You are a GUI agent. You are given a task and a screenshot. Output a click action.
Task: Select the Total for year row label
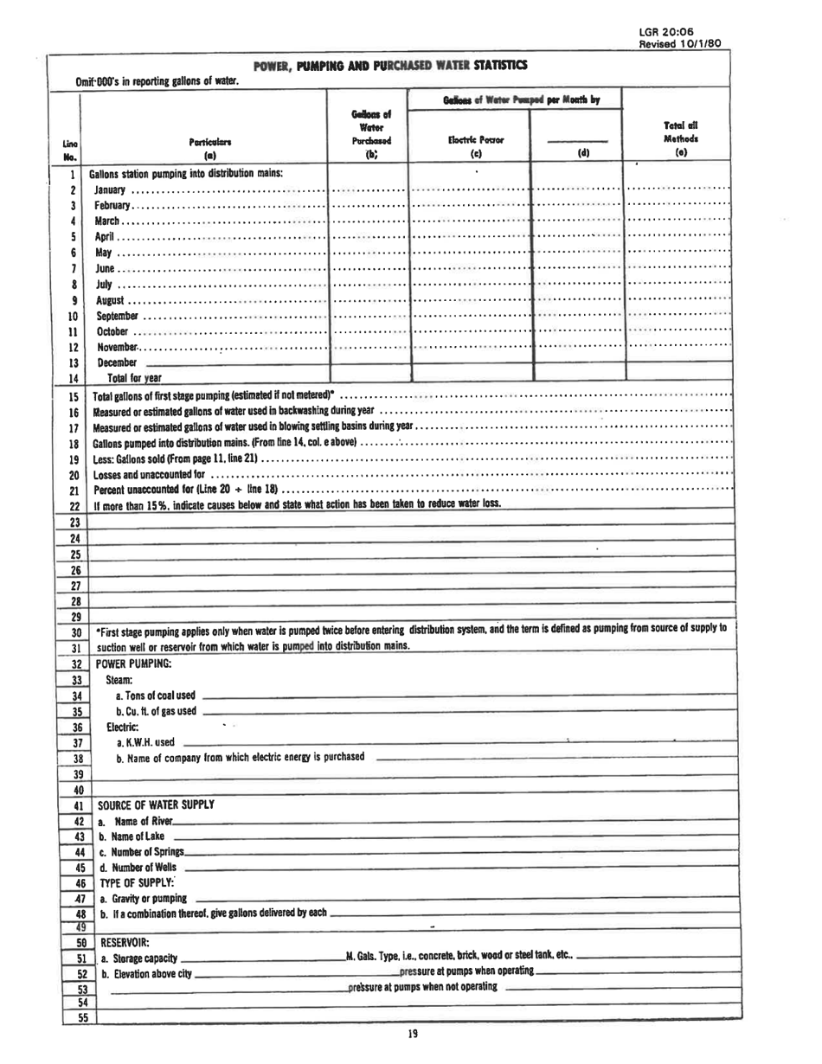coord(134,377)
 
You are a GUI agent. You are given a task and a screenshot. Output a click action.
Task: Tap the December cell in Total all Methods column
coord(678,362)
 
